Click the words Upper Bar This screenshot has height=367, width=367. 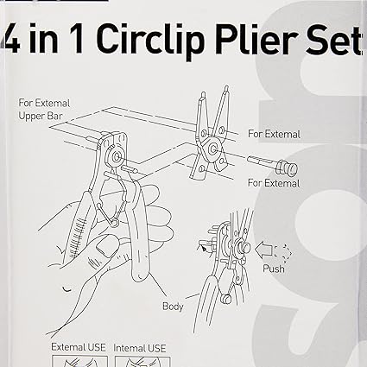coord(41,116)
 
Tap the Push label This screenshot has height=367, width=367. coord(274,269)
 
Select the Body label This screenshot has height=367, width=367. coord(173,307)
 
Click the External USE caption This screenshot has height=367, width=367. coord(79,347)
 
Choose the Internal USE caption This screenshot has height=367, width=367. coord(140,348)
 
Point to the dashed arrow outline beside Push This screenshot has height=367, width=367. coord(283,253)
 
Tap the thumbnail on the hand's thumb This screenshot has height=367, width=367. coord(104,247)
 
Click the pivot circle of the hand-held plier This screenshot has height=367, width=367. coord(117,156)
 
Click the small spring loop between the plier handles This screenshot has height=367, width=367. coord(114,222)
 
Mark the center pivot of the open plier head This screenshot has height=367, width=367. coord(213,149)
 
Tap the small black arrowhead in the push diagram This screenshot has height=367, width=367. coord(203,248)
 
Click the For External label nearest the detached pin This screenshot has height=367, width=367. coord(274,183)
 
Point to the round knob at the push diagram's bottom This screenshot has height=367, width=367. coord(226,300)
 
